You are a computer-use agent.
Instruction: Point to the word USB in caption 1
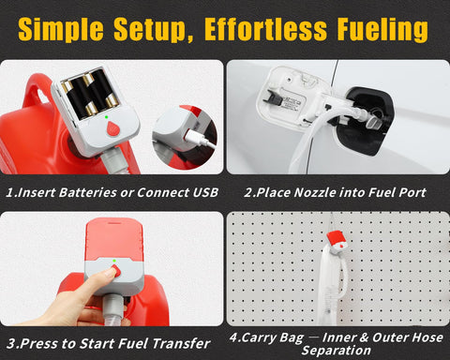(202, 193)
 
